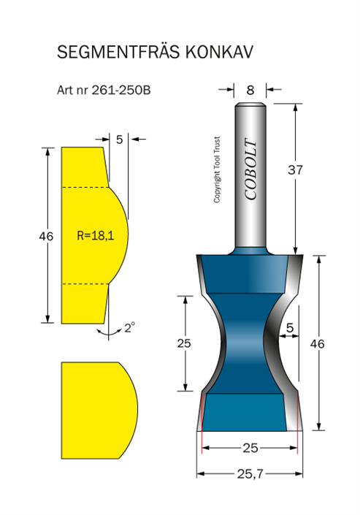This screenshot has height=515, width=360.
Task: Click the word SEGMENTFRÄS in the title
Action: point(118,52)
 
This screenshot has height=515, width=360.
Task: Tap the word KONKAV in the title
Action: point(219,52)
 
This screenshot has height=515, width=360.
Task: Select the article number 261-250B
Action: point(121,90)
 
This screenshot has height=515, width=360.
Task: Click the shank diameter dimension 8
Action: point(250,90)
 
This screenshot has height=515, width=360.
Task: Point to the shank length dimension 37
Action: point(295,169)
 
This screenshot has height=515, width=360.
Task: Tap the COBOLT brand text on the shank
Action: point(250,169)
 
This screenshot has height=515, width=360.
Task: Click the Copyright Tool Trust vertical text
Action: point(217,169)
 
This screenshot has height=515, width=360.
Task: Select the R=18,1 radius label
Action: point(95,235)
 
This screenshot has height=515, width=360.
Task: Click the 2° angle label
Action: point(129,327)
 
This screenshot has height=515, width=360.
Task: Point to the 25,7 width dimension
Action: point(250,473)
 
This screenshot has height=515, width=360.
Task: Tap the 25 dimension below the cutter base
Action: point(250,448)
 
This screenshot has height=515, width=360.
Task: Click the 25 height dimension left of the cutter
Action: point(184,343)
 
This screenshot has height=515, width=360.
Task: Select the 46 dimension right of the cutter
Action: point(318,344)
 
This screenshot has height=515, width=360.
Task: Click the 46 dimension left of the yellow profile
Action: point(46,236)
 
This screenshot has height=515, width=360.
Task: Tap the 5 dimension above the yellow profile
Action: point(119,140)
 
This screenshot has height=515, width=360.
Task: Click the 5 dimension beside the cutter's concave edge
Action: point(290,327)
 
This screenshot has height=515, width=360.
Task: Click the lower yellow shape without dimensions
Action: point(99,411)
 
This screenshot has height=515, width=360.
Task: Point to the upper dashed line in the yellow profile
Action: point(85,188)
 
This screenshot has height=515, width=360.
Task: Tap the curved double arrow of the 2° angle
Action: point(109,333)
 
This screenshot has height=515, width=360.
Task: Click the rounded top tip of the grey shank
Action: point(250,104)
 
